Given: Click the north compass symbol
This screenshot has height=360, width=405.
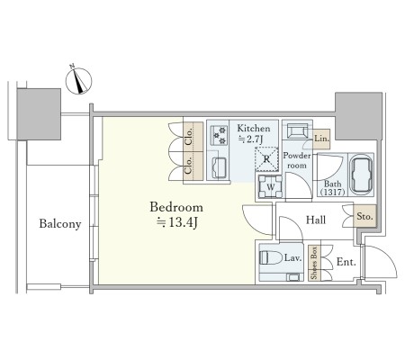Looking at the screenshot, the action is tap(78, 81).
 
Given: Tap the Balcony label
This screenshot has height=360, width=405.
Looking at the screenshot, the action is tap(60, 224).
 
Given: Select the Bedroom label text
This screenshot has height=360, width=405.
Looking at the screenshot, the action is tap(176, 207).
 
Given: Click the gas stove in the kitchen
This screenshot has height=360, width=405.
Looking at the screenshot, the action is tap(219, 135).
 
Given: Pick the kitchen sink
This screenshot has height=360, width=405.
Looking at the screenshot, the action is tap(219, 167).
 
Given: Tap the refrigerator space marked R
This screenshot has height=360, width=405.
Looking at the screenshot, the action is tap(266, 159).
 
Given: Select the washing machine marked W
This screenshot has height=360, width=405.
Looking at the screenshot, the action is tap(270, 187).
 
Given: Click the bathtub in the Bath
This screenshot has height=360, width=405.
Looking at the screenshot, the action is tap(362, 175).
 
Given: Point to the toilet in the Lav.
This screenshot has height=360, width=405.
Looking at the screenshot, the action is tap(271, 257).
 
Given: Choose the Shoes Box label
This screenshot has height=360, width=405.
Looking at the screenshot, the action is tap(314, 263).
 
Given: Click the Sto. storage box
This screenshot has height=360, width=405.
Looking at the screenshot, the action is tap(364, 216).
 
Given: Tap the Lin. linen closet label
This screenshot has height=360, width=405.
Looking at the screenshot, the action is tap(321, 139).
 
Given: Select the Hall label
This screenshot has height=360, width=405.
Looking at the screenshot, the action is tap(316, 220).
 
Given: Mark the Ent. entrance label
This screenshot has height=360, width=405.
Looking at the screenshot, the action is tap(346, 262).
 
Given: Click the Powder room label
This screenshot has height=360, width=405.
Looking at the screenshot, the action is tap(297, 160).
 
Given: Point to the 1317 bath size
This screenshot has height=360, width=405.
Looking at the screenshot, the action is tap(332, 192).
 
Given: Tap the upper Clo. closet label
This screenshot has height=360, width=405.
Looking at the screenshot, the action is tap(189, 137).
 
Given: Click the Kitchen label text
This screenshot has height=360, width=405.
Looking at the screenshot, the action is tap(254, 129).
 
